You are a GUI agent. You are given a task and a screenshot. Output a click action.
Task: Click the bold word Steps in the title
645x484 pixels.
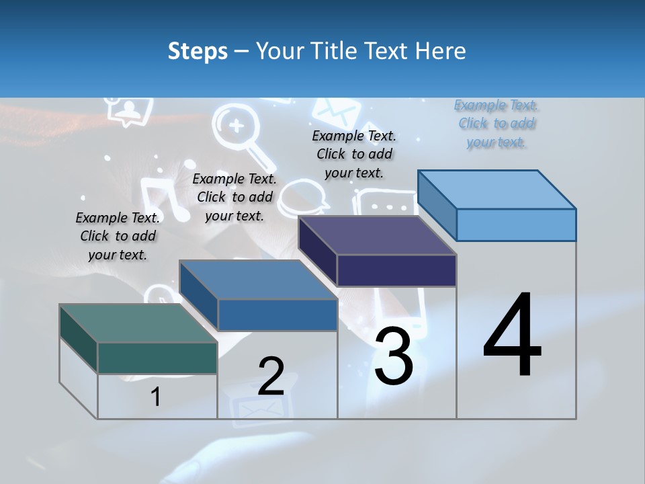198,51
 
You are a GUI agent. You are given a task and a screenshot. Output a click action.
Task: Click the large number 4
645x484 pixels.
512,336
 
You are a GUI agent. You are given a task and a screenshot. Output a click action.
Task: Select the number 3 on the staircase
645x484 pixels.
394,356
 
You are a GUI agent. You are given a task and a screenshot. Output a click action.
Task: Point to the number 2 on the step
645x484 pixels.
271,376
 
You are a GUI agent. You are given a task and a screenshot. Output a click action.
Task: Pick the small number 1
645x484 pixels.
156,397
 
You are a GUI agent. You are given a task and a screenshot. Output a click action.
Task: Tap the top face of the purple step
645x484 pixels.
376,235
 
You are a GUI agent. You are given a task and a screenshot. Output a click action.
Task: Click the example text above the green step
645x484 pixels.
118,236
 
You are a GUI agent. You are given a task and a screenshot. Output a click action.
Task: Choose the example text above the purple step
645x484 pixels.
354,154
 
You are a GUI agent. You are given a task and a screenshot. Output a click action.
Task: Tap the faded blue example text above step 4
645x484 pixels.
497,123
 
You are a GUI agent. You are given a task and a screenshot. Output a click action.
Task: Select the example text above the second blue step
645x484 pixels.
234,197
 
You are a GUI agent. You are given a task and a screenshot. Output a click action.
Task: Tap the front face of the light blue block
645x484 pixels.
516,225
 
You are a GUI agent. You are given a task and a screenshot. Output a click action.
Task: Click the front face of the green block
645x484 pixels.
157,358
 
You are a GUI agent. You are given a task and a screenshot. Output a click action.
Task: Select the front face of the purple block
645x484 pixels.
396,270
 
